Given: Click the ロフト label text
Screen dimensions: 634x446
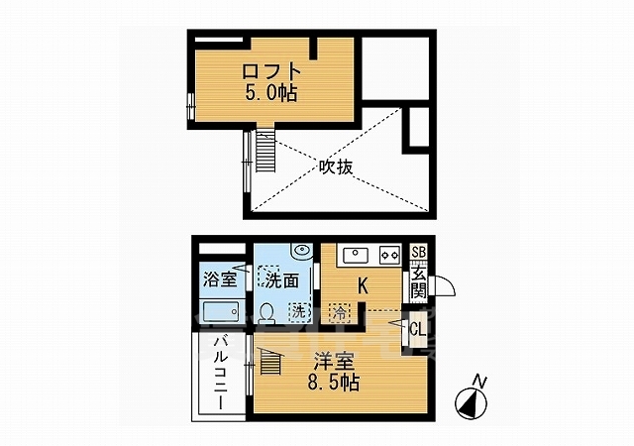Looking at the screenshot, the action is [271, 72].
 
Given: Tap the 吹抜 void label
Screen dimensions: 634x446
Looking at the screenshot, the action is [336, 167].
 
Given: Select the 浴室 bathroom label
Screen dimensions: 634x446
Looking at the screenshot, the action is [220, 279].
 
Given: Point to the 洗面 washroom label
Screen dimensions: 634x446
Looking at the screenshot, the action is [282, 280].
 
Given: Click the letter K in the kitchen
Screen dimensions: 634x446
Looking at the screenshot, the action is [364, 286].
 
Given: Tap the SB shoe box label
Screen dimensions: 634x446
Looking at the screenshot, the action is [418, 253].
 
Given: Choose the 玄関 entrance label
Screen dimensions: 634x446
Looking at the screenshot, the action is [418, 281].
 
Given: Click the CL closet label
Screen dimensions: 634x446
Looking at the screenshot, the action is [418, 329].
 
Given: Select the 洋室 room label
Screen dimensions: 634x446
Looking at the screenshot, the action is [335, 361].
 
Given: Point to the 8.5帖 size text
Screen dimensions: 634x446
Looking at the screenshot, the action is [334, 382].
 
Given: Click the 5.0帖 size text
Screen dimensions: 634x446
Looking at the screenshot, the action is [271, 93].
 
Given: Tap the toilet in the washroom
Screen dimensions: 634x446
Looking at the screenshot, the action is [266, 313].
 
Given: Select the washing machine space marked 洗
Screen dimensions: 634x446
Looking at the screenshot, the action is [299, 311].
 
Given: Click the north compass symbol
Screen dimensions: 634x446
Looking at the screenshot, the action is [472, 399].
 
